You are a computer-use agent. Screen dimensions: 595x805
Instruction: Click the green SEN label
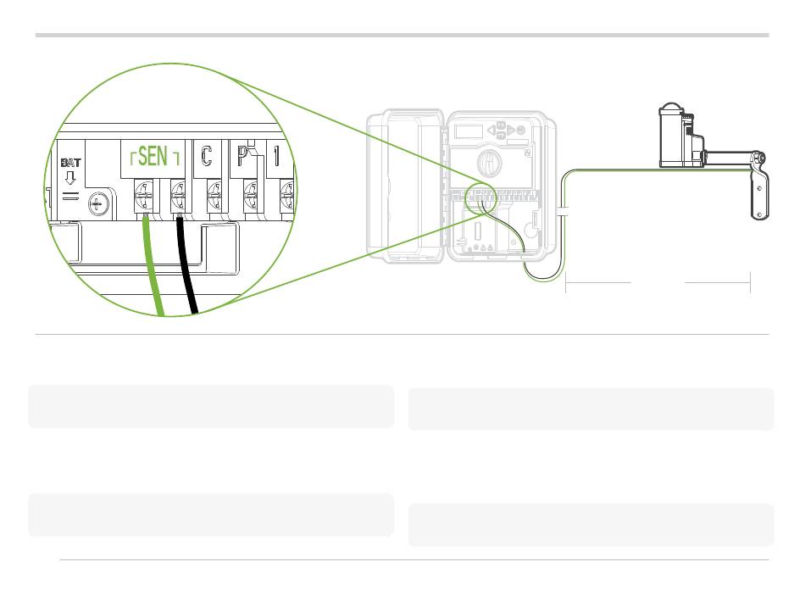tap(153, 157)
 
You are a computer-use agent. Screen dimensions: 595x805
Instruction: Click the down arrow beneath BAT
tap(70, 179)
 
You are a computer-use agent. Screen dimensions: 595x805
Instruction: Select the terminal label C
tap(207, 157)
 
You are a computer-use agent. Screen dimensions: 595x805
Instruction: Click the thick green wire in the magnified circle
tap(153, 271)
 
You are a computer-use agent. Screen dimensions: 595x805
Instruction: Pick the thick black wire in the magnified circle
tap(188, 271)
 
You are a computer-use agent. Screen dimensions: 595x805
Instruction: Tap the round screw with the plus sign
tap(99, 203)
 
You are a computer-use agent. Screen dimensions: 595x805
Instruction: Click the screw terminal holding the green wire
tap(143, 202)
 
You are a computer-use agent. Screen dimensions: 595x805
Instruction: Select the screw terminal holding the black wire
tap(179, 202)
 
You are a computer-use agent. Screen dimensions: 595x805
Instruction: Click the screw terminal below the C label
tap(214, 202)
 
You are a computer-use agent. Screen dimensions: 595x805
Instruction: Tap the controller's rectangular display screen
tap(467, 131)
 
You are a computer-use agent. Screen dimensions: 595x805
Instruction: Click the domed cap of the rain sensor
tap(672, 109)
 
